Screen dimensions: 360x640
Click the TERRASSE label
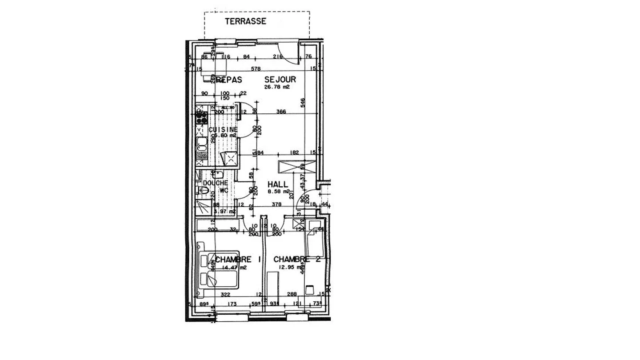click(245, 21)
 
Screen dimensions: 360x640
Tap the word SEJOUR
click(280, 80)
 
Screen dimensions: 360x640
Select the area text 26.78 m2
click(277, 87)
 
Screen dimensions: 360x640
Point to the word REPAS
click(230, 80)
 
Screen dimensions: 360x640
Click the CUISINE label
click(223, 129)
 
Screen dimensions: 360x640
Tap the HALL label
click(277, 184)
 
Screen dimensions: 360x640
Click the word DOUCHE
click(216, 183)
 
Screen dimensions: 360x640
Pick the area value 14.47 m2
click(234, 268)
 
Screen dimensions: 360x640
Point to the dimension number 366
click(280, 112)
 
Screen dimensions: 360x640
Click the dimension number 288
click(292, 294)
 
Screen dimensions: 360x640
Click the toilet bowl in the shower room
click(203, 191)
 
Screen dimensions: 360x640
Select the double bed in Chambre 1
click(218, 270)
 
